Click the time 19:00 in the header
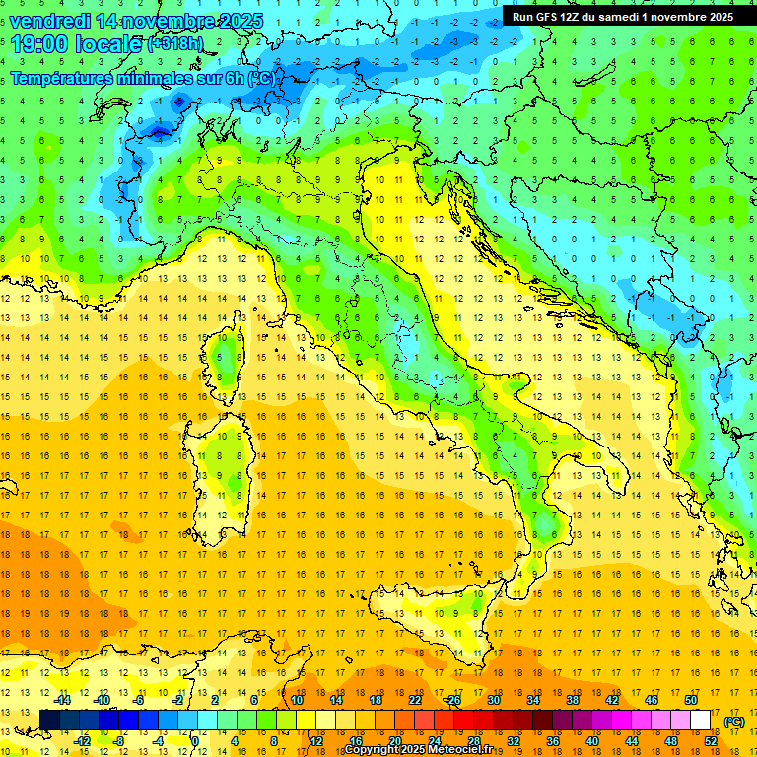41,44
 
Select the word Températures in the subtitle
71,79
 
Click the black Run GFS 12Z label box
622,17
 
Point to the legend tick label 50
691,700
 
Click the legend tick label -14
62,700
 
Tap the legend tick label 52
711,741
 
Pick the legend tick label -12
82,741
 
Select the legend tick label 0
195,741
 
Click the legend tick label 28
474,741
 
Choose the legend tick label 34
533,700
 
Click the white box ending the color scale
701,721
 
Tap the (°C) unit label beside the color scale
734,722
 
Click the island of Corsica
226,359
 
